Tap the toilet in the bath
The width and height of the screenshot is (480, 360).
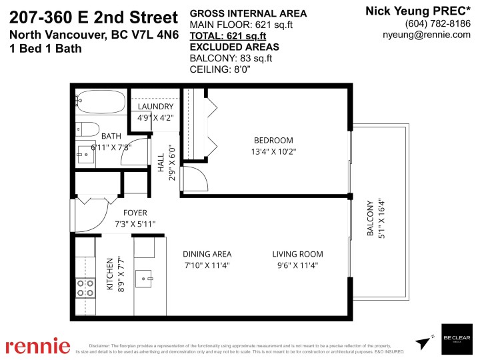coord(87,129)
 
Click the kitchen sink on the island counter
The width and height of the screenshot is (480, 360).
coord(145,277)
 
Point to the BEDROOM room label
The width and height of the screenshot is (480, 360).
coord(273,140)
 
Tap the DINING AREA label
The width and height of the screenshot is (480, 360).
coord(207,254)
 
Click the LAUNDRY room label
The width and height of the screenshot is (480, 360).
coord(155,107)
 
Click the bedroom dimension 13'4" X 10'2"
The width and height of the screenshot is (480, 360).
coord(273,151)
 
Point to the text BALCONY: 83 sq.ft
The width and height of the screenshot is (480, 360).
coord(231,58)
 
